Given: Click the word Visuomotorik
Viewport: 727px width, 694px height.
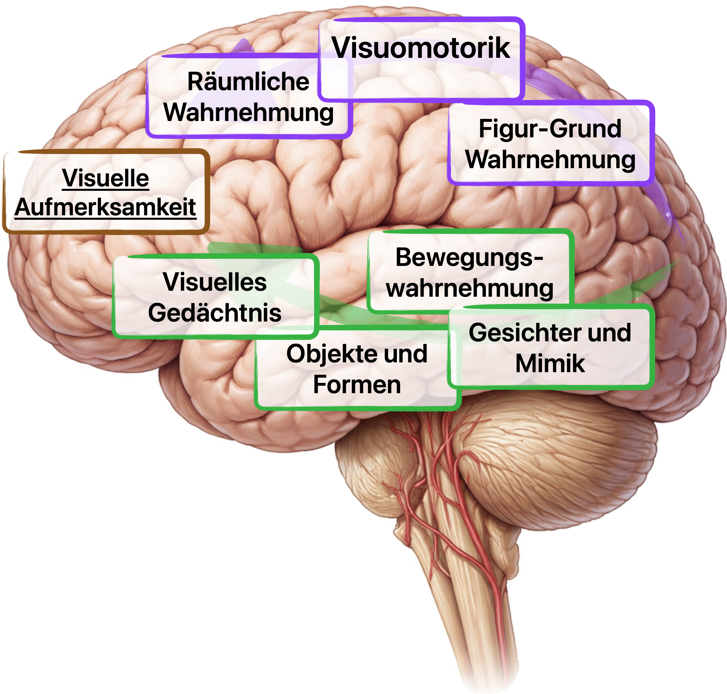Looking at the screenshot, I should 420,48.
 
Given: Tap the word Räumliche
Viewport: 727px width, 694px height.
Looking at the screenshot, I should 248,82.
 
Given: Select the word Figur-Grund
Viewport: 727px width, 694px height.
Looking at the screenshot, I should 550,129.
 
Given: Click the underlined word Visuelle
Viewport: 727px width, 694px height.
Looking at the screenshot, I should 105,178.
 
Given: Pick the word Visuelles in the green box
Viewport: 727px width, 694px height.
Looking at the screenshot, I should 215,282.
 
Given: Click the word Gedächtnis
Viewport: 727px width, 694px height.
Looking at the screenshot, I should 215,313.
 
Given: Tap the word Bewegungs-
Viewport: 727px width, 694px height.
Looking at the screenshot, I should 469,257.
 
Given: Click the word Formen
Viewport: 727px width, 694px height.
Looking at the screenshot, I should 357,385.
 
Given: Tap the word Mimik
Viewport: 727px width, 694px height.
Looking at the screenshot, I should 550,364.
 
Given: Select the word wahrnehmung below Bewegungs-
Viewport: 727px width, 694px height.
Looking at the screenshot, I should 469,289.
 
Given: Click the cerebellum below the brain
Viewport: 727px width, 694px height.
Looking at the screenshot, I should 555,455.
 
